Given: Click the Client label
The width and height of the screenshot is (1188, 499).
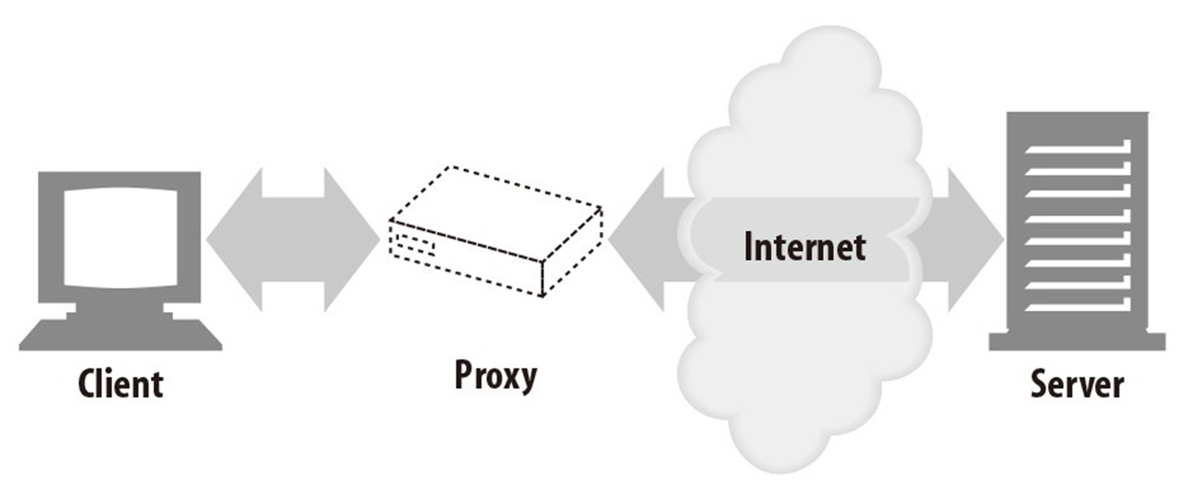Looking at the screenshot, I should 121,385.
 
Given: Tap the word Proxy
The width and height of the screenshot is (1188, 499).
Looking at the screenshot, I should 495,376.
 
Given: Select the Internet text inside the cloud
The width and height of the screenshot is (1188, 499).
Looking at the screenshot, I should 804,246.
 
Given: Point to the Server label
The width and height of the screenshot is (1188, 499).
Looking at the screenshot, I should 1077,385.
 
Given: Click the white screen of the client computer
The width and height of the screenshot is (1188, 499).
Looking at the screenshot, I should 121,237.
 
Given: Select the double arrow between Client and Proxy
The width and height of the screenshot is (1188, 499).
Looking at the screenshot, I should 293,239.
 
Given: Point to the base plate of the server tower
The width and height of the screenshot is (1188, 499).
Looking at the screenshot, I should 1077,341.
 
